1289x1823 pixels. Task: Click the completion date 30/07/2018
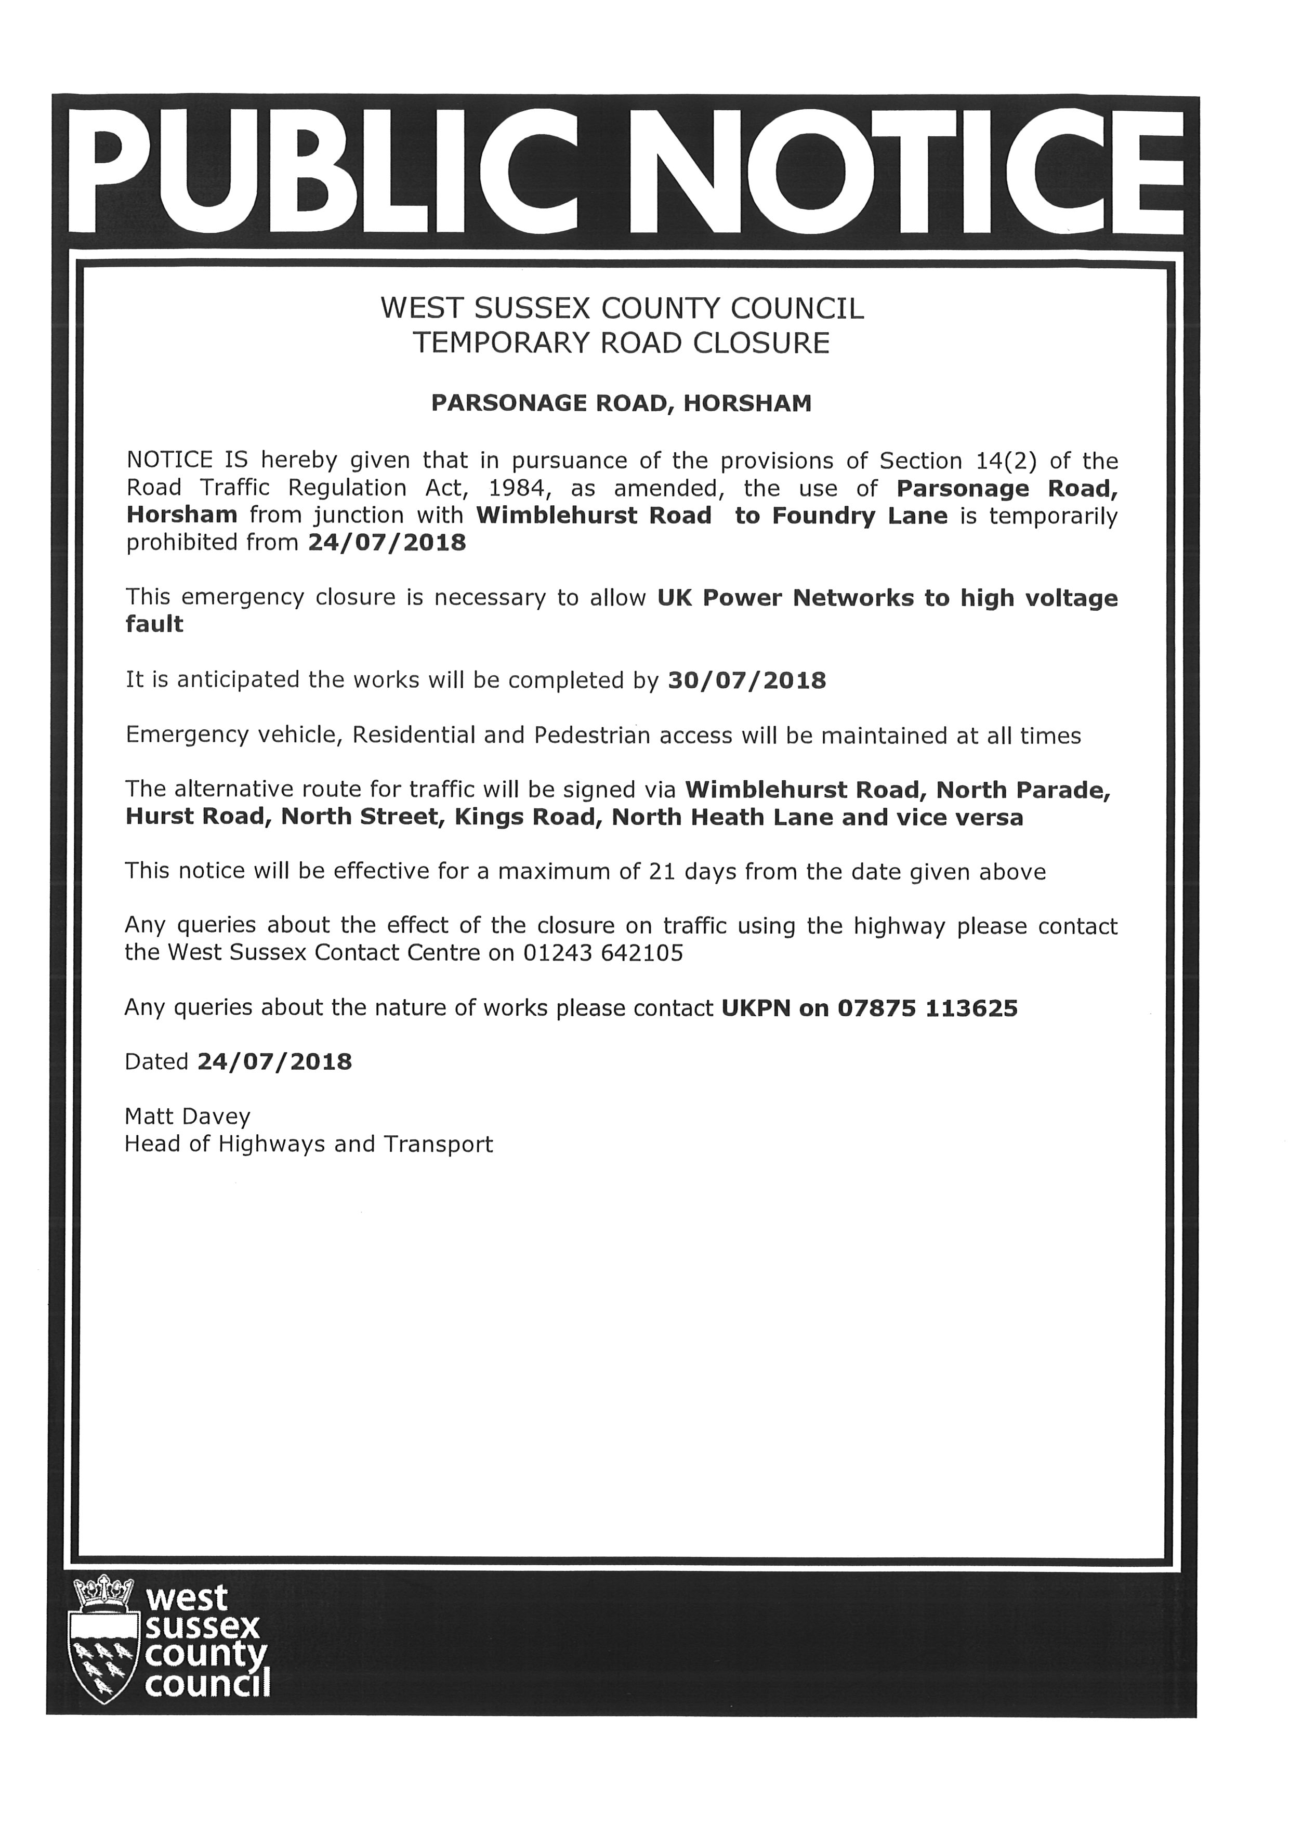[747, 680]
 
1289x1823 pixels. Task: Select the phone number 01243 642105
[603, 953]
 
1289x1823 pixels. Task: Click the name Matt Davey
[187, 1117]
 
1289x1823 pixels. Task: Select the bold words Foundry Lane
[860, 516]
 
